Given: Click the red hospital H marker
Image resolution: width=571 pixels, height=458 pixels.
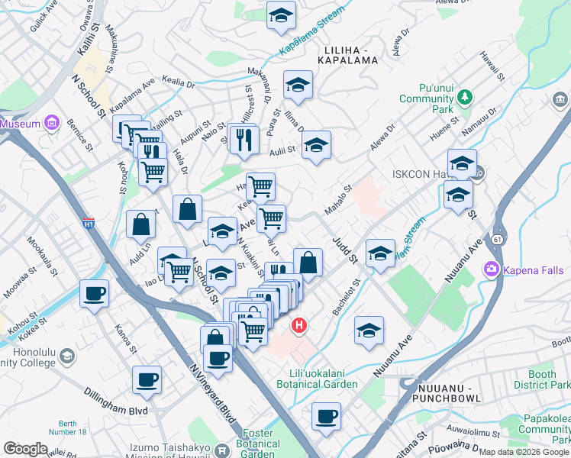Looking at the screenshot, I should click(300, 325).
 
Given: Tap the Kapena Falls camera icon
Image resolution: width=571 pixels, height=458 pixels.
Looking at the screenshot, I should click(491, 269).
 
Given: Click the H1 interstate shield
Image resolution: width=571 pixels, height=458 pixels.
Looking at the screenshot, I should click(89, 224).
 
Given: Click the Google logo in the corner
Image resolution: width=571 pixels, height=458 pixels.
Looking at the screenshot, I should click(25, 449).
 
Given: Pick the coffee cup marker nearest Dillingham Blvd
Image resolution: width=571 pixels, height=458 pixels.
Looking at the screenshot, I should click(147, 379).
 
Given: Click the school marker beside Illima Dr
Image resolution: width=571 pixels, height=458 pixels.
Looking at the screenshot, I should click(298, 85).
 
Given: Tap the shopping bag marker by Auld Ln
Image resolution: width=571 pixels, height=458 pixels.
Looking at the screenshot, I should click(140, 224).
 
